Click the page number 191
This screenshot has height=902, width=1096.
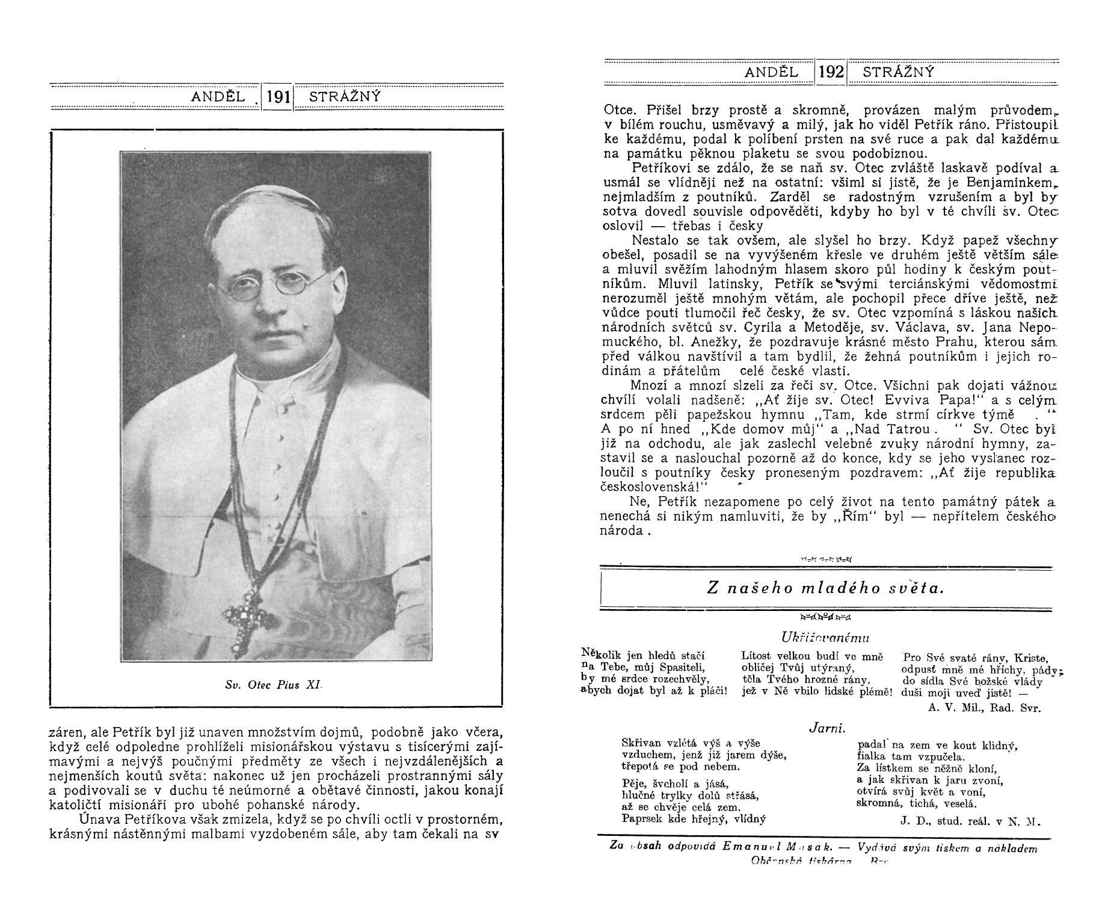[x=279, y=97]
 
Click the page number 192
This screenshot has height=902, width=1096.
[x=831, y=73]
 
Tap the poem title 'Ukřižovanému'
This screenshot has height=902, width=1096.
[x=825, y=637]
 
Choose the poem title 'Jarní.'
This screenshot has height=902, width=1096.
[x=827, y=728]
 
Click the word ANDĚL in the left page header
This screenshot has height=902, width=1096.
[x=218, y=97]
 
